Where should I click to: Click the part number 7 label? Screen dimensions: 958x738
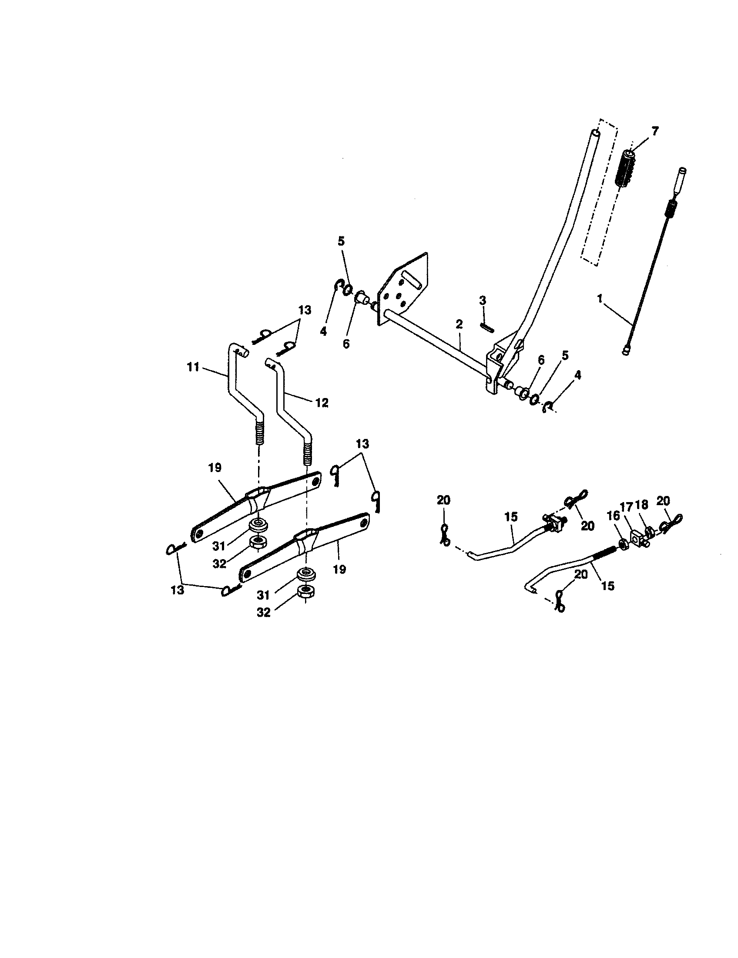point(655,131)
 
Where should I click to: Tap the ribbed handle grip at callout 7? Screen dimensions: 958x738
point(626,169)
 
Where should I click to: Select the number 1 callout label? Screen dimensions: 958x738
point(600,299)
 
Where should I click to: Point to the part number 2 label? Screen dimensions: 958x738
point(459,324)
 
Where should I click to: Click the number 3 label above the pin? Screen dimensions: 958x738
point(483,301)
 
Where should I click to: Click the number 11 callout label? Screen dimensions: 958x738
point(193,367)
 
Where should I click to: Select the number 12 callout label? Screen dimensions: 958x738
point(322,403)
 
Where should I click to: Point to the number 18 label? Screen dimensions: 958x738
point(641,505)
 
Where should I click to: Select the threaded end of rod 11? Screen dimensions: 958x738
point(261,432)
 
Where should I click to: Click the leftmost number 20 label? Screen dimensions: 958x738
point(443,500)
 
